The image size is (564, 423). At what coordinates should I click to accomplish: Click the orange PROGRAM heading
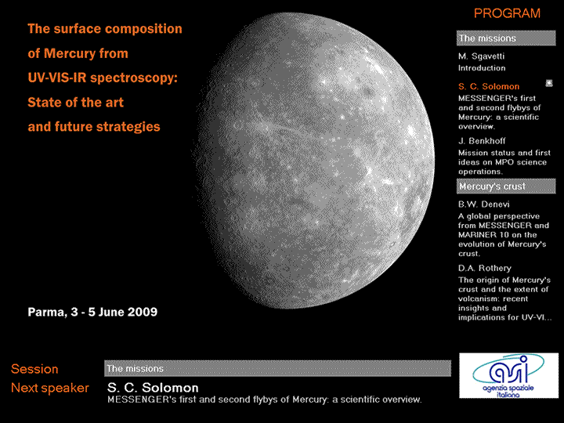pyautogui.click(x=507, y=13)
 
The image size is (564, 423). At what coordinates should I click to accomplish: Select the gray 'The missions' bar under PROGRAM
pyautogui.click(x=506, y=38)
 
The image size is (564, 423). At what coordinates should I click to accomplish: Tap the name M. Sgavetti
pyautogui.click(x=481, y=56)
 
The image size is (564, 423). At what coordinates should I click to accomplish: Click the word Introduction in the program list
pyautogui.click(x=482, y=68)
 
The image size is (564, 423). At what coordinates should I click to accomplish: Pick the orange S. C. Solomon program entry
pyautogui.click(x=489, y=86)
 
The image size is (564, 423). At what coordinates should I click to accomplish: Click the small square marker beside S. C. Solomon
pyautogui.click(x=549, y=83)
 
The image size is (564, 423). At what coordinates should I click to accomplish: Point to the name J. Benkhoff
pyautogui.click(x=482, y=141)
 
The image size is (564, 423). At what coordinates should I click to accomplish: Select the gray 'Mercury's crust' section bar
pyautogui.click(x=506, y=186)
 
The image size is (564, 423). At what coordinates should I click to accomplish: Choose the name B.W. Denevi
pyautogui.click(x=484, y=204)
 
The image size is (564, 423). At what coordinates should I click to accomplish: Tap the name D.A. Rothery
pyautogui.click(x=485, y=268)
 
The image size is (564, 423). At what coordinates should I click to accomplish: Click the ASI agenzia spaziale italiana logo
pyautogui.click(x=508, y=375)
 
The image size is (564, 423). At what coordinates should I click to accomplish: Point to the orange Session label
pyautogui.click(x=34, y=369)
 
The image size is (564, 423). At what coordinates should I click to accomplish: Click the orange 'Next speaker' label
pyautogui.click(x=50, y=388)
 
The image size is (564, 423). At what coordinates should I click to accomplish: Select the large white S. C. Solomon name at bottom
pyautogui.click(x=153, y=388)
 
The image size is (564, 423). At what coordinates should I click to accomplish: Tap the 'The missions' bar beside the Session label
pyautogui.click(x=277, y=368)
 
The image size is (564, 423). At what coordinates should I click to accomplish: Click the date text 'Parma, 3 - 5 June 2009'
pyautogui.click(x=92, y=312)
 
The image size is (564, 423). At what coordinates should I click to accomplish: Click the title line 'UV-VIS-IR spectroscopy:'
pyautogui.click(x=103, y=78)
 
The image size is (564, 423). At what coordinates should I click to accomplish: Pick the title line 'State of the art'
pyautogui.click(x=75, y=102)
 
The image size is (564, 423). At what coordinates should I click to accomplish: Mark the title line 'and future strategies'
pyautogui.click(x=94, y=127)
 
